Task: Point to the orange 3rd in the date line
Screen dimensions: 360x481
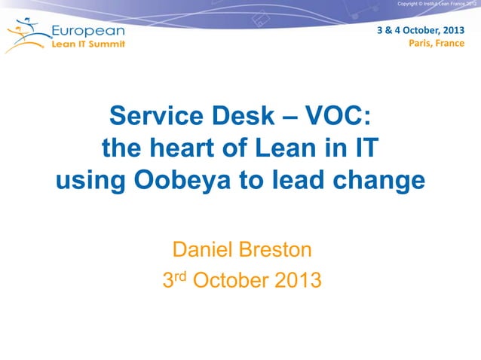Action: coord(175,280)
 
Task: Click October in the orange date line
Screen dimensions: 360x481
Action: coord(231,281)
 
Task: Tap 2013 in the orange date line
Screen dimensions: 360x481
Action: coord(297,281)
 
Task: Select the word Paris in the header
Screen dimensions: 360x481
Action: coord(421,43)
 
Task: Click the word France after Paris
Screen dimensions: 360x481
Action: coord(449,43)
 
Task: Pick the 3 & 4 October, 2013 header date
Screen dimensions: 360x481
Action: coord(421,30)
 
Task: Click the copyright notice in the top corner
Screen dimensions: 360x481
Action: coord(436,5)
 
